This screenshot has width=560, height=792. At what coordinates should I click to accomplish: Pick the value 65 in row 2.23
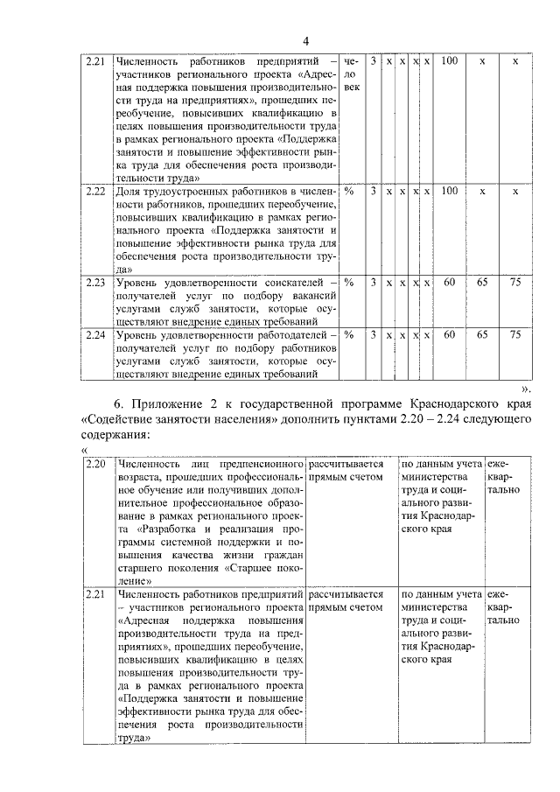point(482,283)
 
